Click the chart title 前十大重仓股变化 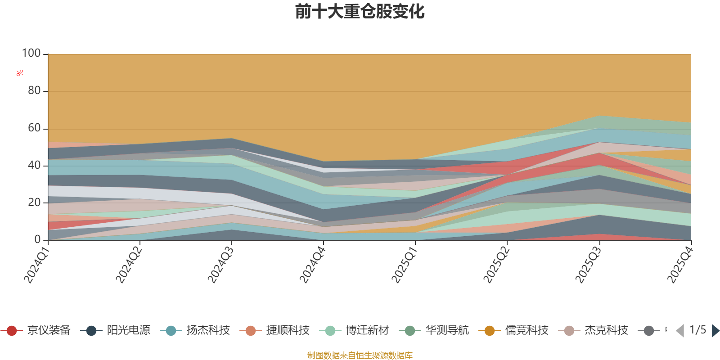(x=360, y=12)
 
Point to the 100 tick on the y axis (x=31, y=54)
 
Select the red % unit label (x=20, y=73)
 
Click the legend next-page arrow (x=715, y=331)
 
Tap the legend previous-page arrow (x=680, y=331)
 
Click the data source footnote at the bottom (x=360, y=355)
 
